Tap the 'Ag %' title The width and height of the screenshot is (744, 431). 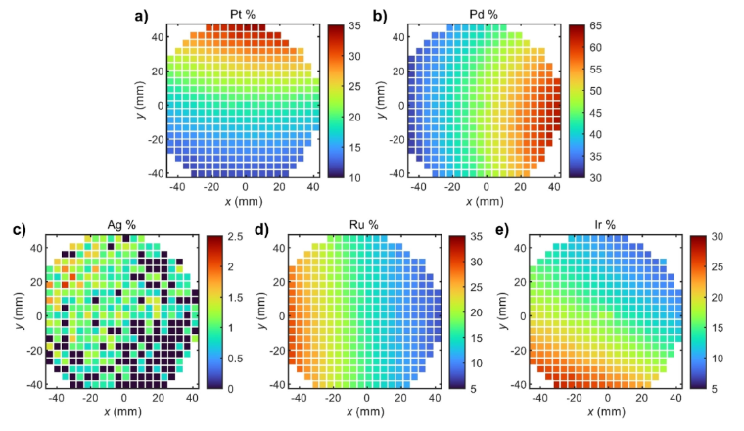pyautogui.click(x=122, y=225)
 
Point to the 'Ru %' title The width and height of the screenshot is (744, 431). pyautogui.click(x=366, y=225)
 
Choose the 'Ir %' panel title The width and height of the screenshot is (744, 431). pyautogui.click(x=607, y=225)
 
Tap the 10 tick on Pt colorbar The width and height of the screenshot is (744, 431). pyautogui.click(x=358, y=176)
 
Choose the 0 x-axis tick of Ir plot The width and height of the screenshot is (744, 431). pyautogui.click(x=608, y=399)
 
